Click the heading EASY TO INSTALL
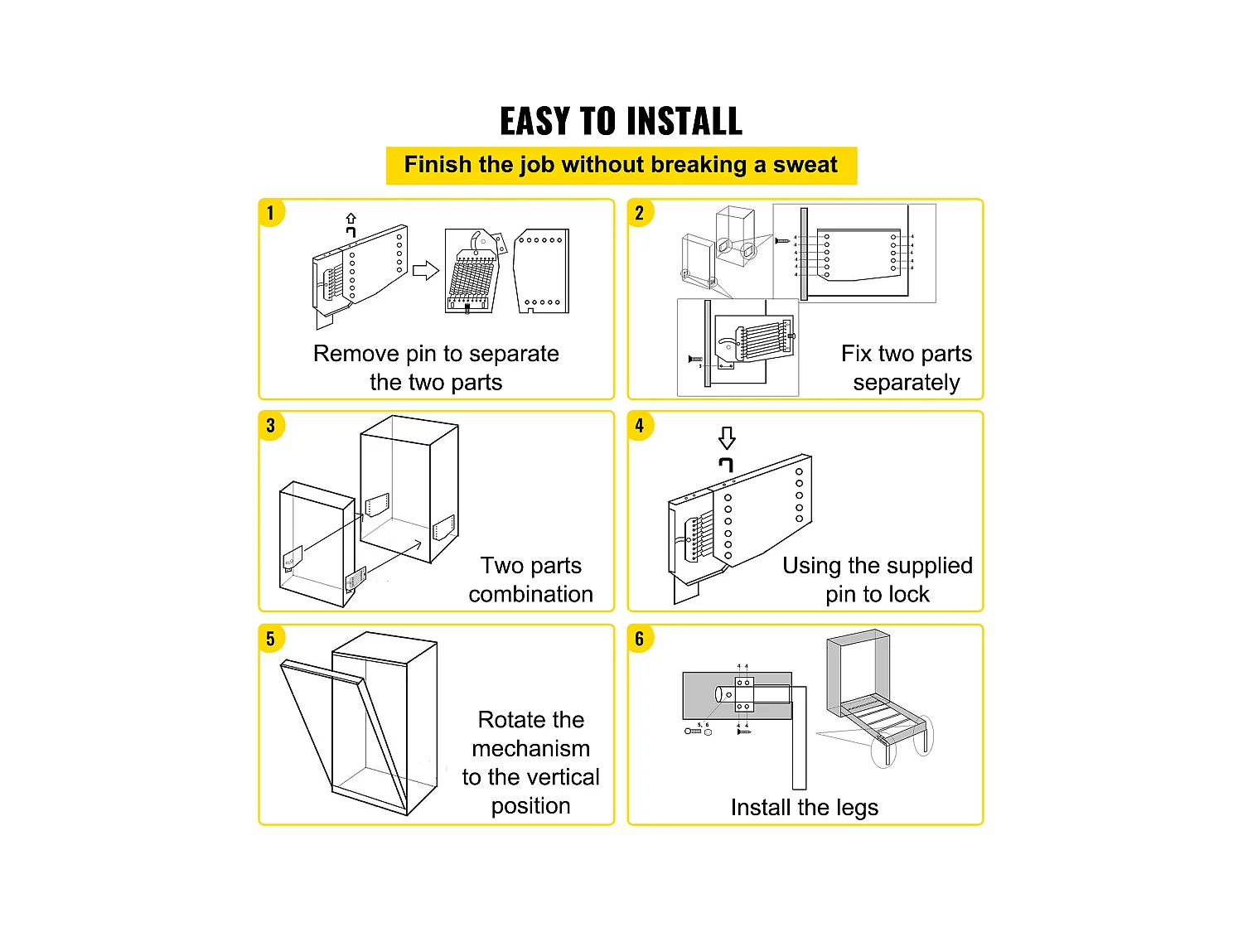(x=621, y=122)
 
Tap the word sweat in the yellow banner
(x=805, y=164)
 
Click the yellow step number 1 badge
(x=270, y=213)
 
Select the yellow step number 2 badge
(x=639, y=213)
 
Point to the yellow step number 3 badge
(x=270, y=426)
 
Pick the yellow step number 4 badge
(x=639, y=426)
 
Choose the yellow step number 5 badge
(x=270, y=639)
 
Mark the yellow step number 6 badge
(x=639, y=639)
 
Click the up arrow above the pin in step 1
(x=351, y=219)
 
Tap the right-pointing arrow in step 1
(x=425, y=270)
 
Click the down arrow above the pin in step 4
(x=727, y=437)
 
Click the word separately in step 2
(x=906, y=383)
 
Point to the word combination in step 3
(x=530, y=594)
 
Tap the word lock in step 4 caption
(x=908, y=594)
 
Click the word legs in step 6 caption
(x=856, y=808)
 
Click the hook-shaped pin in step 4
(x=726, y=464)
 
